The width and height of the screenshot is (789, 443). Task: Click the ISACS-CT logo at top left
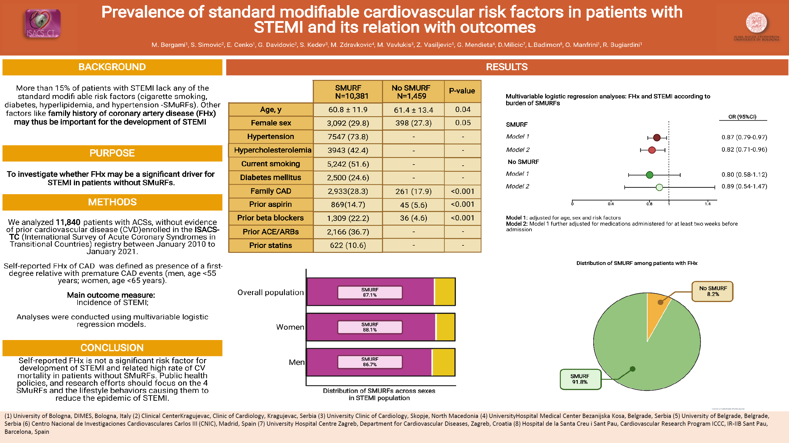pos(42,24)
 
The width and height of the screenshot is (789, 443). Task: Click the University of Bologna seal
pos(756,23)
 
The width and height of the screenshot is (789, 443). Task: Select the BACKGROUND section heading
pos(112,67)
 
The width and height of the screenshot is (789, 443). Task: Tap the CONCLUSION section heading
pos(112,348)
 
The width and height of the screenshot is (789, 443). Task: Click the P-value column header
pos(462,91)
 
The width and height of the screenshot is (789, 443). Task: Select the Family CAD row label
pos(271,191)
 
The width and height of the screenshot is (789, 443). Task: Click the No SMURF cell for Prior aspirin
pos(413,205)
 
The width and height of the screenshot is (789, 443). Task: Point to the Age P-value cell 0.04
pos(462,109)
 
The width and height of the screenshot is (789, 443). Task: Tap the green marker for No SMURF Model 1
pos(649,175)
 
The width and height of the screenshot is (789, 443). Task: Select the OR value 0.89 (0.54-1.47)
pos(744,186)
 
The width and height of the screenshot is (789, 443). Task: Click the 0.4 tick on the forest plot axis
pos(611,204)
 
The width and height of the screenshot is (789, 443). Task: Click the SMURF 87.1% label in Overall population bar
pos(369,292)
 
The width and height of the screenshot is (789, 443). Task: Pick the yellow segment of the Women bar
pos(445,327)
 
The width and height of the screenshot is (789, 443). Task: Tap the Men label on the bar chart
pos(296,362)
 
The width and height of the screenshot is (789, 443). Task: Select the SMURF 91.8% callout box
pos(580,379)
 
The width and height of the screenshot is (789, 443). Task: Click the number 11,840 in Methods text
pos(68,222)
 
